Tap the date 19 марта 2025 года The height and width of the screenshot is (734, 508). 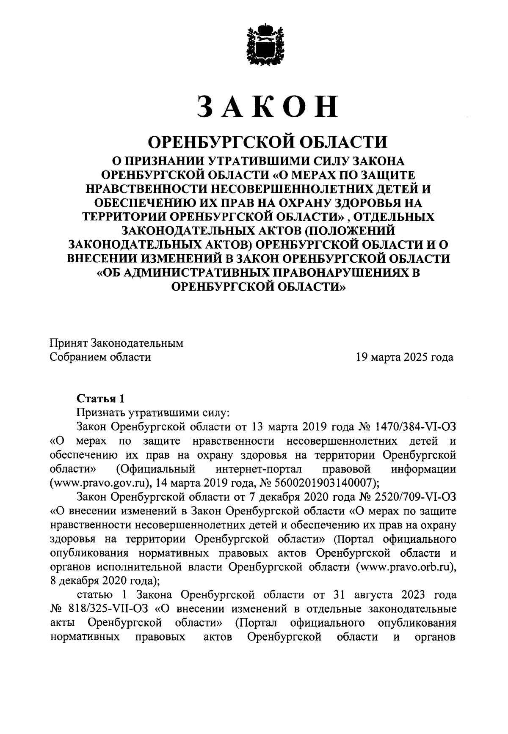click(x=405, y=357)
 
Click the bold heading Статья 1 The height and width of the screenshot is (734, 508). click(x=101, y=398)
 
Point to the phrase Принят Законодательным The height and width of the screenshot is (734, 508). click(x=116, y=343)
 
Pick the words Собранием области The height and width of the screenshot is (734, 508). click(x=100, y=357)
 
